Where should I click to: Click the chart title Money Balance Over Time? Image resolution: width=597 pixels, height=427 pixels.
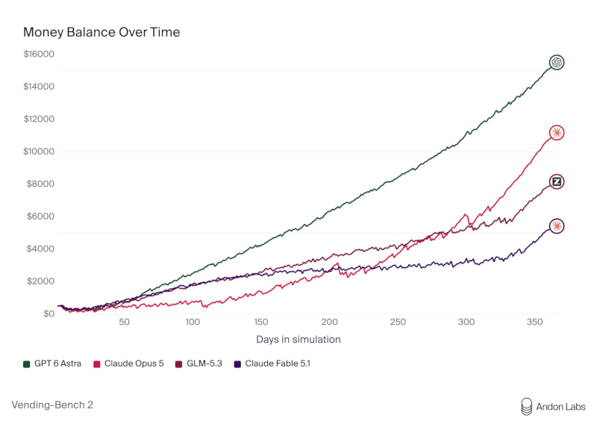click(x=101, y=32)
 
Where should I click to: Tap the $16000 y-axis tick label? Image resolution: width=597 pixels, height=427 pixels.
click(x=39, y=54)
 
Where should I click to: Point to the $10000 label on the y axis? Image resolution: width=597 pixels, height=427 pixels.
click(x=39, y=152)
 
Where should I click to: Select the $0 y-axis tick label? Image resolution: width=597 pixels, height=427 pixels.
click(x=49, y=314)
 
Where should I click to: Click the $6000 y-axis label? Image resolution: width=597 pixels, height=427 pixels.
click(x=40, y=216)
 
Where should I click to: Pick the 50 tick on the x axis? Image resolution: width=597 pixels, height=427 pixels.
click(x=124, y=322)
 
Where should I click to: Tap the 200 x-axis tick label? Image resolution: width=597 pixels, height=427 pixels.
click(x=329, y=322)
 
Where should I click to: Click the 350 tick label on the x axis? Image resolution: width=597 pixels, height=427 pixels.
click(x=534, y=322)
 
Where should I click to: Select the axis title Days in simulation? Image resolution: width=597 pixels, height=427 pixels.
click(x=298, y=340)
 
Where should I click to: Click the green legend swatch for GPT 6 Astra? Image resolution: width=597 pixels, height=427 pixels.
click(x=27, y=364)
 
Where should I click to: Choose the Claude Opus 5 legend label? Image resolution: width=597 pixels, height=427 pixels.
click(x=134, y=364)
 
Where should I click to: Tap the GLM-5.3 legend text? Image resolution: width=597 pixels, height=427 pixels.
click(x=204, y=364)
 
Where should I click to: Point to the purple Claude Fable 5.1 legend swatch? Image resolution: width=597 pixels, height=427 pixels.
click(x=237, y=364)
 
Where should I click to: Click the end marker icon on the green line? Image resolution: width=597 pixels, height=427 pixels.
click(x=557, y=62)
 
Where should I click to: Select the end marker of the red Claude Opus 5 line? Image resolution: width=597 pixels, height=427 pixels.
click(x=557, y=133)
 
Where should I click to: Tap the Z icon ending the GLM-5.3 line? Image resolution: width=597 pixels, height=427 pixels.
click(x=557, y=181)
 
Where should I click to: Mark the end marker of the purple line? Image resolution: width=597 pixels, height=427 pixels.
click(x=557, y=226)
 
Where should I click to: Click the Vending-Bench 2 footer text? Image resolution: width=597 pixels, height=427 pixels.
click(x=52, y=405)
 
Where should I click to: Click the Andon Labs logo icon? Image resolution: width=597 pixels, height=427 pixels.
click(x=527, y=407)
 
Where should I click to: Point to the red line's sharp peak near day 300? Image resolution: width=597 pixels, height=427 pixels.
click(x=466, y=214)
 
